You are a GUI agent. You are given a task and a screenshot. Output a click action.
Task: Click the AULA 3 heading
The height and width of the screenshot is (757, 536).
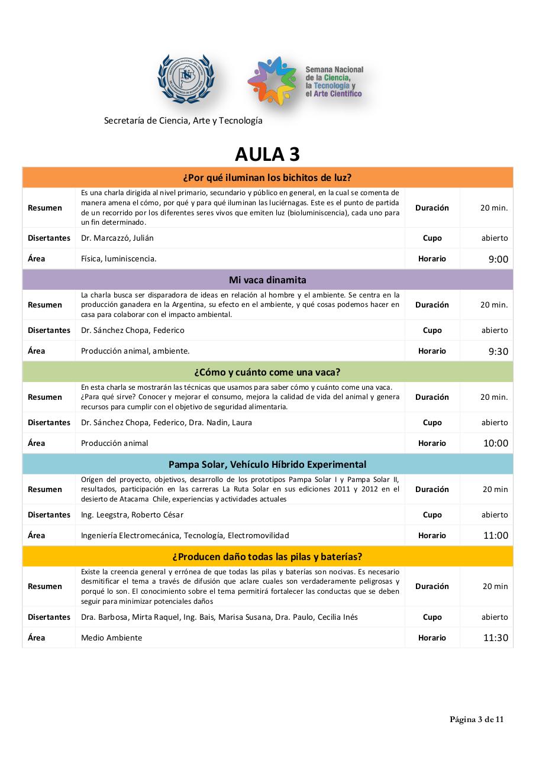[267, 154]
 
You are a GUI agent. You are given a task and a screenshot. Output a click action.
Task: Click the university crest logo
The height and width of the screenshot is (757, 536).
[186, 79]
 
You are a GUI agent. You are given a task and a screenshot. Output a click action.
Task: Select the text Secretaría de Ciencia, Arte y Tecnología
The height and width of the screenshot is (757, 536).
[183, 121]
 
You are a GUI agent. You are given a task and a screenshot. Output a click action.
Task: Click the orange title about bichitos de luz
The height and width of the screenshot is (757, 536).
[267, 177]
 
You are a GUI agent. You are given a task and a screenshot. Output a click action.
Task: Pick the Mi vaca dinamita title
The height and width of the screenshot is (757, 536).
[267, 280]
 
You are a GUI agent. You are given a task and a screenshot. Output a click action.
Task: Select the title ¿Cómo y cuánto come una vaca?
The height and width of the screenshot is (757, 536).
[267, 372]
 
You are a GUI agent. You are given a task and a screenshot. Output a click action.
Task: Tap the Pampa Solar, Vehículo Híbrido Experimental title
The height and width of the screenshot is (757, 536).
[267, 464]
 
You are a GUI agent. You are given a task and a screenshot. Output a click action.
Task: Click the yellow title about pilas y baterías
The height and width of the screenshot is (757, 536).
[267, 557]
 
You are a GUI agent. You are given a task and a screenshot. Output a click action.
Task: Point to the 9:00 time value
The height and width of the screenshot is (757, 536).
[498, 259]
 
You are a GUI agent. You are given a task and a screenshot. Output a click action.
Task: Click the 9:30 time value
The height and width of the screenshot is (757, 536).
[498, 351]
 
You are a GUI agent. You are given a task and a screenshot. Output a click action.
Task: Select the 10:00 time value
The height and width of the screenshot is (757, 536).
[496, 444]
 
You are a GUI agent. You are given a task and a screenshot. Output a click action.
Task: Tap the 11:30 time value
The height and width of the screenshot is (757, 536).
[496, 638]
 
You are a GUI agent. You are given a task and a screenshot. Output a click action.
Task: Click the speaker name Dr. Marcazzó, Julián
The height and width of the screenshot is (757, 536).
[117, 238]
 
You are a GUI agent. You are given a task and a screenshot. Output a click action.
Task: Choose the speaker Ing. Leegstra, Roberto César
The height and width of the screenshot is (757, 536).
[133, 515]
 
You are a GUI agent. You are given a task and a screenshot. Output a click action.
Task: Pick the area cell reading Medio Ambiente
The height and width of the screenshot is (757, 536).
[112, 638]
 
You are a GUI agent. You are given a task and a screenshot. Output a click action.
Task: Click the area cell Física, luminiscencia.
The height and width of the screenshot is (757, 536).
[119, 258]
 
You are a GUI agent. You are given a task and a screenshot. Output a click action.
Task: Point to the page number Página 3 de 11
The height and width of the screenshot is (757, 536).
[477, 719]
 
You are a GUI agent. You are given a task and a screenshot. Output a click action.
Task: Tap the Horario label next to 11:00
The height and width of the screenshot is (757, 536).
[432, 535]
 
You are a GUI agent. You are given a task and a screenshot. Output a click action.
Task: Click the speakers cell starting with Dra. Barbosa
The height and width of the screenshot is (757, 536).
[219, 617]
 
